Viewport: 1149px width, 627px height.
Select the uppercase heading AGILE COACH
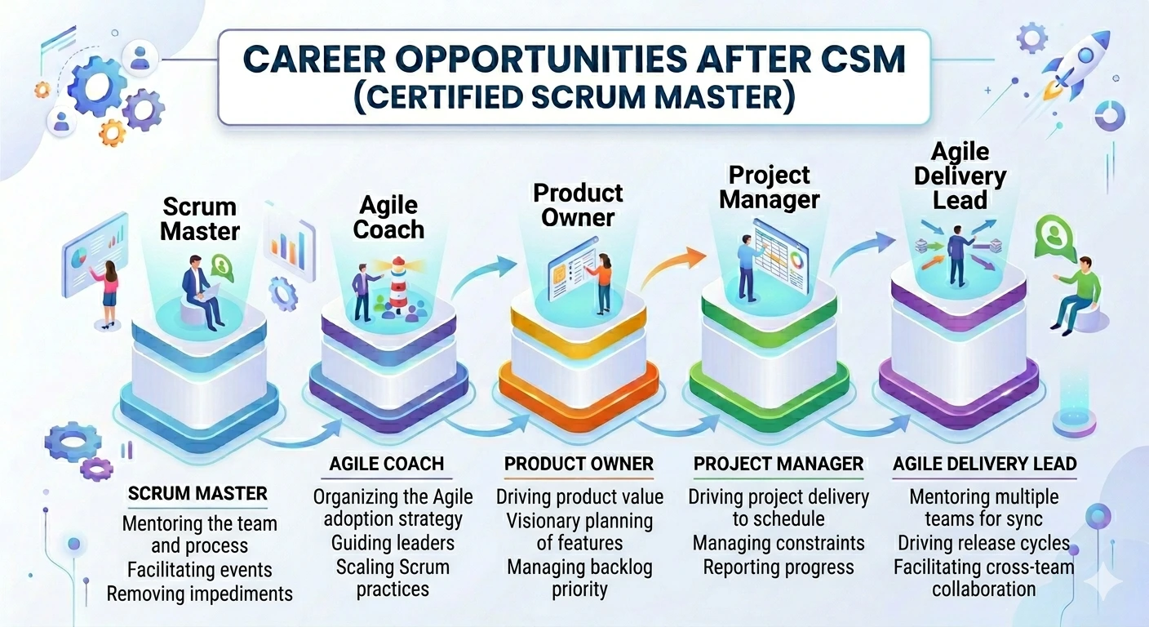pyautogui.click(x=387, y=465)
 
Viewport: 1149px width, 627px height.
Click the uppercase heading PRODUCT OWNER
pyautogui.click(x=579, y=465)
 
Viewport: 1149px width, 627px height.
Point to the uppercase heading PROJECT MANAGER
pyautogui.click(x=778, y=465)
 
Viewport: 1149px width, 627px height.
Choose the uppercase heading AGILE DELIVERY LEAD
pyautogui.click(x=984, y=465)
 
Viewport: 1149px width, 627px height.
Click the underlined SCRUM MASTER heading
pyautogui.click(x=197, y=494)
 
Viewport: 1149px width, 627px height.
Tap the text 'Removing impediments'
pyautogui.click(x=199, y=594)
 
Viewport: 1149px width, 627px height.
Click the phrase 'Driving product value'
pyautogui.click(x=579, y=496)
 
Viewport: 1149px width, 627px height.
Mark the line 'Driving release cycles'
pyautogui.click(x=983, y=543)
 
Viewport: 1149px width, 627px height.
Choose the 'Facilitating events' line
pyautogui.click(x=198, y=569)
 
